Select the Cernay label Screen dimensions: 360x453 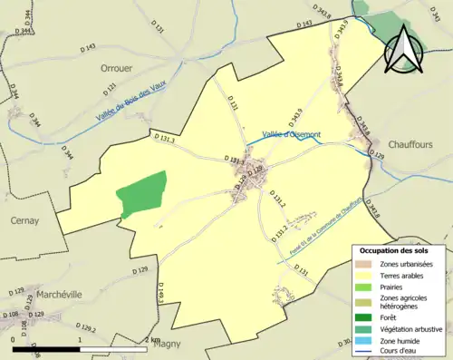pyautogui.click(x=24, y=219)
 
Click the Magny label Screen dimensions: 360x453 pyautogui.click(x=168, y=344)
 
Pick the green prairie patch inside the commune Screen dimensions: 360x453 pyautogui.click(x=141, y=194)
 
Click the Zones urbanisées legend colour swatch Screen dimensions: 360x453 pyautogui.click(x=366, y=264)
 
